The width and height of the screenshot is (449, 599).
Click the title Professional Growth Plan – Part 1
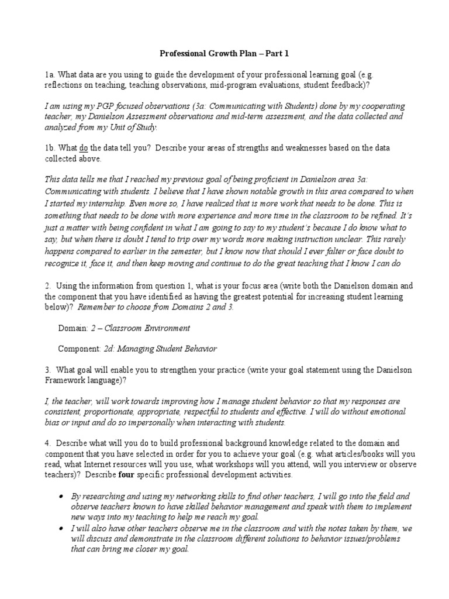click(224, 54)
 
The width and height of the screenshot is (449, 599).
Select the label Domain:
click(73, 328)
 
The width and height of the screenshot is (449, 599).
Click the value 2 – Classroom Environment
click(140, 328)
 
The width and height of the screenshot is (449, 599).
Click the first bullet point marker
click(62, 496)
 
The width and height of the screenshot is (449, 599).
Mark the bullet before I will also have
click(62, 528)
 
